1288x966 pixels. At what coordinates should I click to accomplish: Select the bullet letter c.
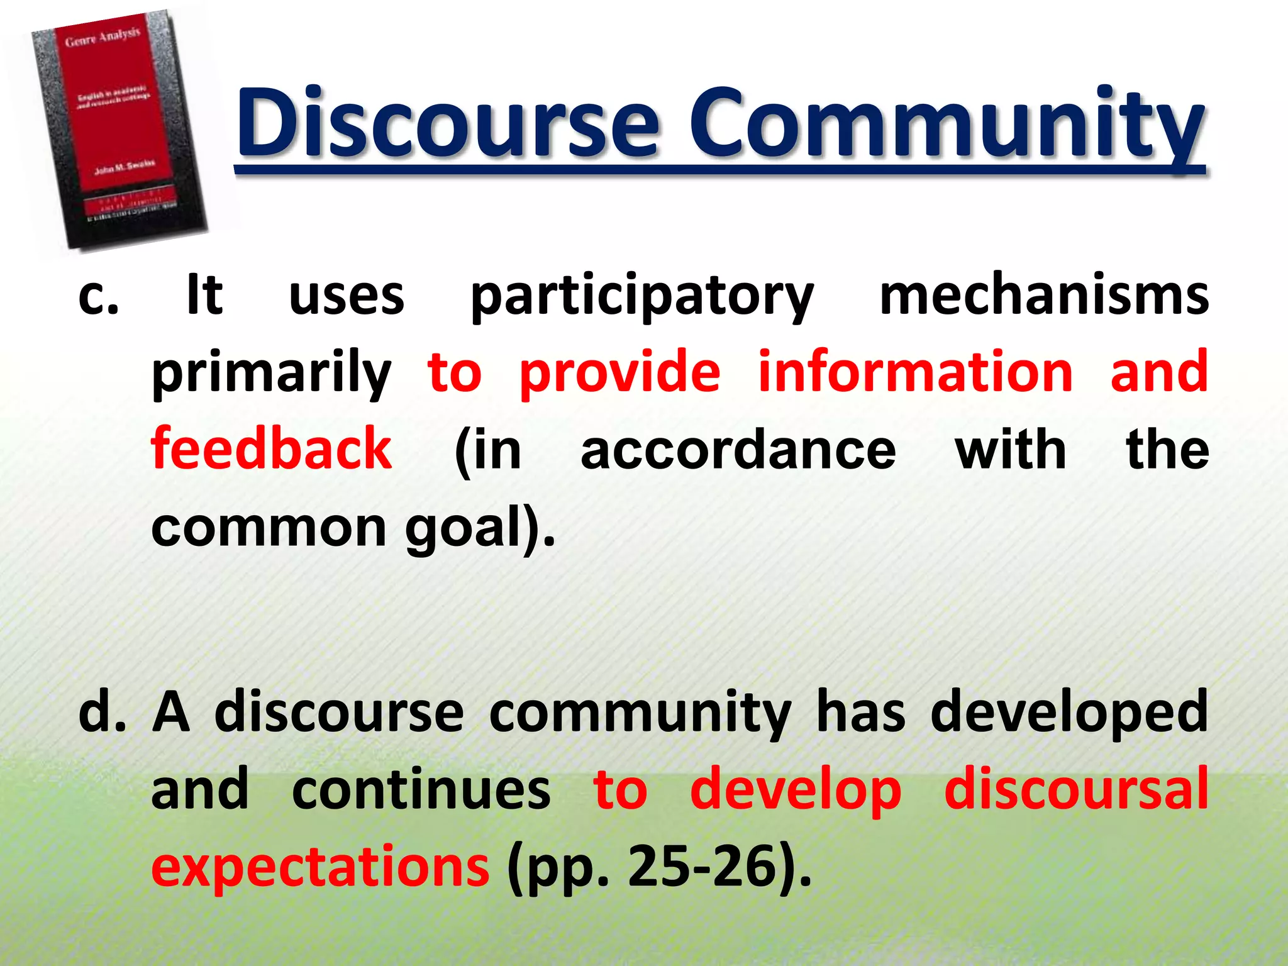click(x=98, y=297)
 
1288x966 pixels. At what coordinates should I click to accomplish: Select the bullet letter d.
click(x=101, y=713)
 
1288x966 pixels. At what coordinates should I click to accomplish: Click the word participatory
click(x=641, y=297)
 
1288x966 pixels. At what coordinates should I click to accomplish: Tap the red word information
click(x=915, y=372)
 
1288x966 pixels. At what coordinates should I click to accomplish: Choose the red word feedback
click(x=271, y=449)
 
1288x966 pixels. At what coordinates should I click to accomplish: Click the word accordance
click(x=738, y=450)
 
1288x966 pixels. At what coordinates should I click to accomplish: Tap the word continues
click(x=421, y=791)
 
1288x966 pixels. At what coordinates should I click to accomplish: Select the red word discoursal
click(x=1075, y=789)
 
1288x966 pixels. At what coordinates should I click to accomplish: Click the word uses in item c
click(x=347, y=297)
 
